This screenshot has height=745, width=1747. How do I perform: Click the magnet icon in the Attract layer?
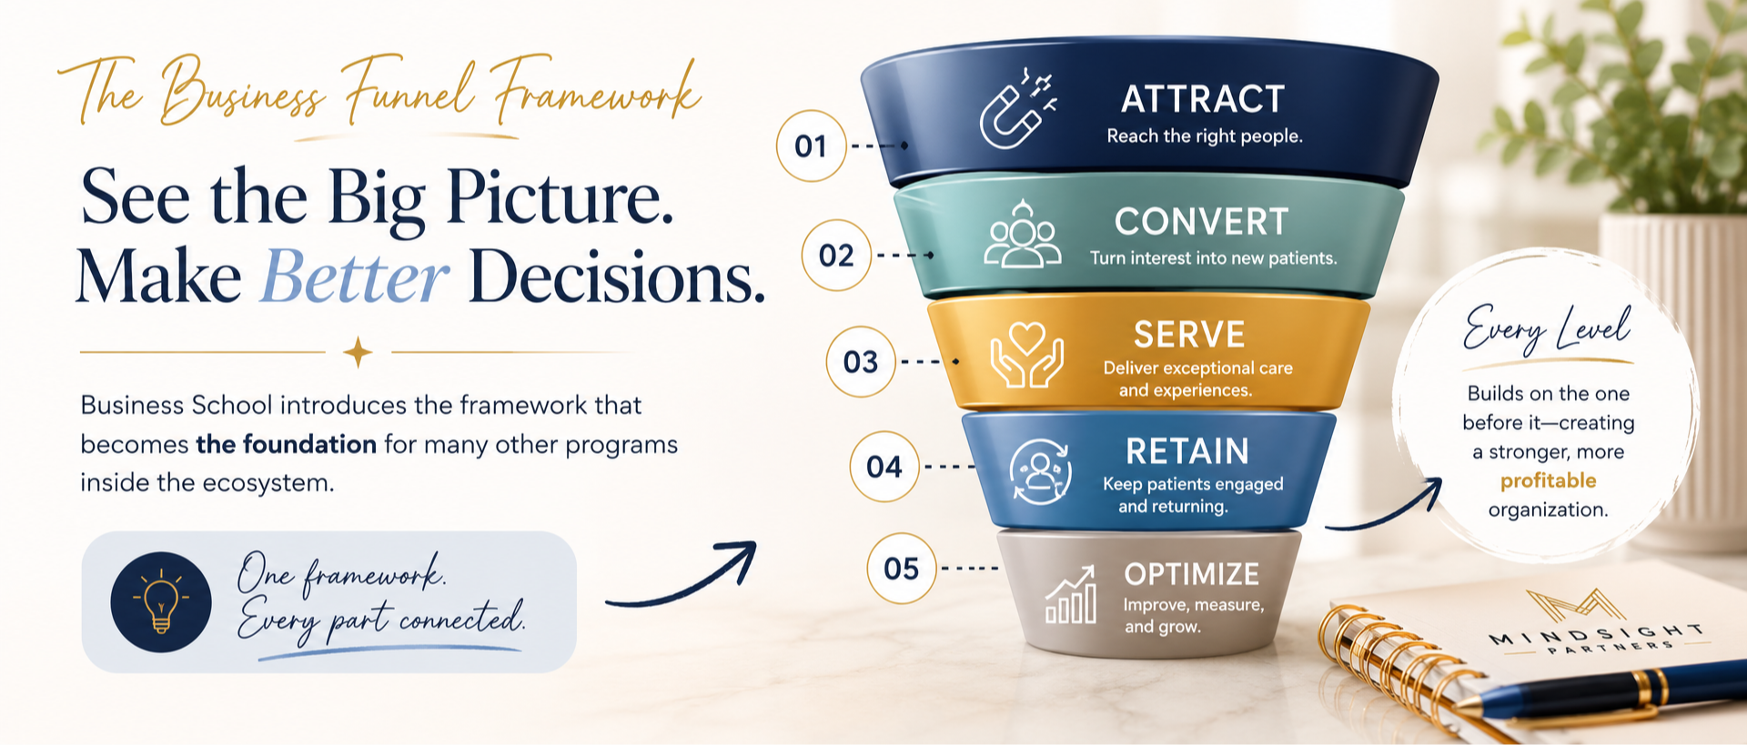[x=1017, y=108]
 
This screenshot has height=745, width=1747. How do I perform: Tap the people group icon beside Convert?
[x=1023, y=235]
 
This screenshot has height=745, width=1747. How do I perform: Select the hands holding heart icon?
[x=1026, y=355]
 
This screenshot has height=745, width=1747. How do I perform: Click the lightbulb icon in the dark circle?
[x=161, y=601]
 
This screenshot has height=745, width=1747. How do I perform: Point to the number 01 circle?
[x=811, y=146]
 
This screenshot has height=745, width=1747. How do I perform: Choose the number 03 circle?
[x=861, y=362]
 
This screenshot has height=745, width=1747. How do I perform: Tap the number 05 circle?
[x=902, y=569]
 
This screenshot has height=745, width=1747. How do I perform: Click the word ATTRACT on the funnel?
[x=1203, y=99]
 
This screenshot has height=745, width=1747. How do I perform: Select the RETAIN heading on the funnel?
[x=1187, y=451]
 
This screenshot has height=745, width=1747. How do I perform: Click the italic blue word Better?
[x=354, y=277]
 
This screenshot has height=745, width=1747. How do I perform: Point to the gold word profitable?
[x=1549, y=481]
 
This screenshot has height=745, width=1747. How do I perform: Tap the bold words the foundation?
[x=286, y=444]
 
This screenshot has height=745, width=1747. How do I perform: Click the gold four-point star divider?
[x=358, y=352]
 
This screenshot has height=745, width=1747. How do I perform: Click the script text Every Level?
[x=1548, y=329]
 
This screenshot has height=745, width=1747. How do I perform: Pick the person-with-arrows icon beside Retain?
[x=1040, y=471]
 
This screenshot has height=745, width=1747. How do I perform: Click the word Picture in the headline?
[x=560, y=196]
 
